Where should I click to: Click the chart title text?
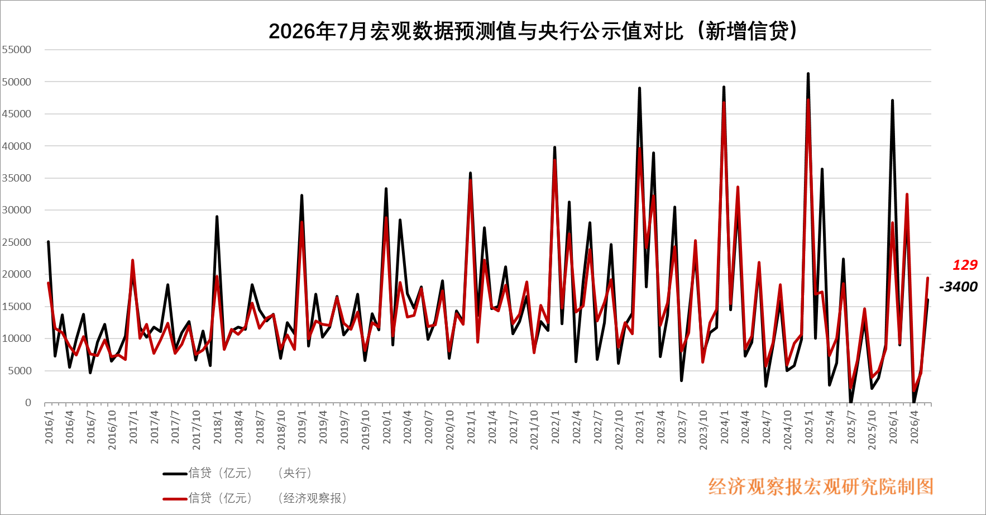pos(533,31)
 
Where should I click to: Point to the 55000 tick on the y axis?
pos(17,50)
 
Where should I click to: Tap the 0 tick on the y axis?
pos(28,403)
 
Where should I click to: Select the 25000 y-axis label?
pos(17,242)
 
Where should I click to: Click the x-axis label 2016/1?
pos(49,427)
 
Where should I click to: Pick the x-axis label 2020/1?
pos(386,427)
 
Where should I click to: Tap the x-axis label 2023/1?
pos(640,427)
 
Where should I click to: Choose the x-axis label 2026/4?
pos(914,427)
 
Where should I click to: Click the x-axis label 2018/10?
pos(281,430)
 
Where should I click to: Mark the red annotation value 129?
pos(965,265)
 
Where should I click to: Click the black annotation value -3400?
pos(958,287)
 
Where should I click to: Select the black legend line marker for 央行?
pos(175,474)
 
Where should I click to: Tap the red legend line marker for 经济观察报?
pos(175,498)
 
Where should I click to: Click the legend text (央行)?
pos(295,473)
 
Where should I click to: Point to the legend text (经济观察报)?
pos(313,498)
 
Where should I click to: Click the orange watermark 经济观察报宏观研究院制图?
pos(821,487)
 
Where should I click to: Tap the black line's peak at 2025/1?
pos(808,73)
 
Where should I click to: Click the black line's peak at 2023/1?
pos(639,88)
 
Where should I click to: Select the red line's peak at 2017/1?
pos(132,260)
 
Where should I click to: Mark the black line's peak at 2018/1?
pos(217,216)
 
